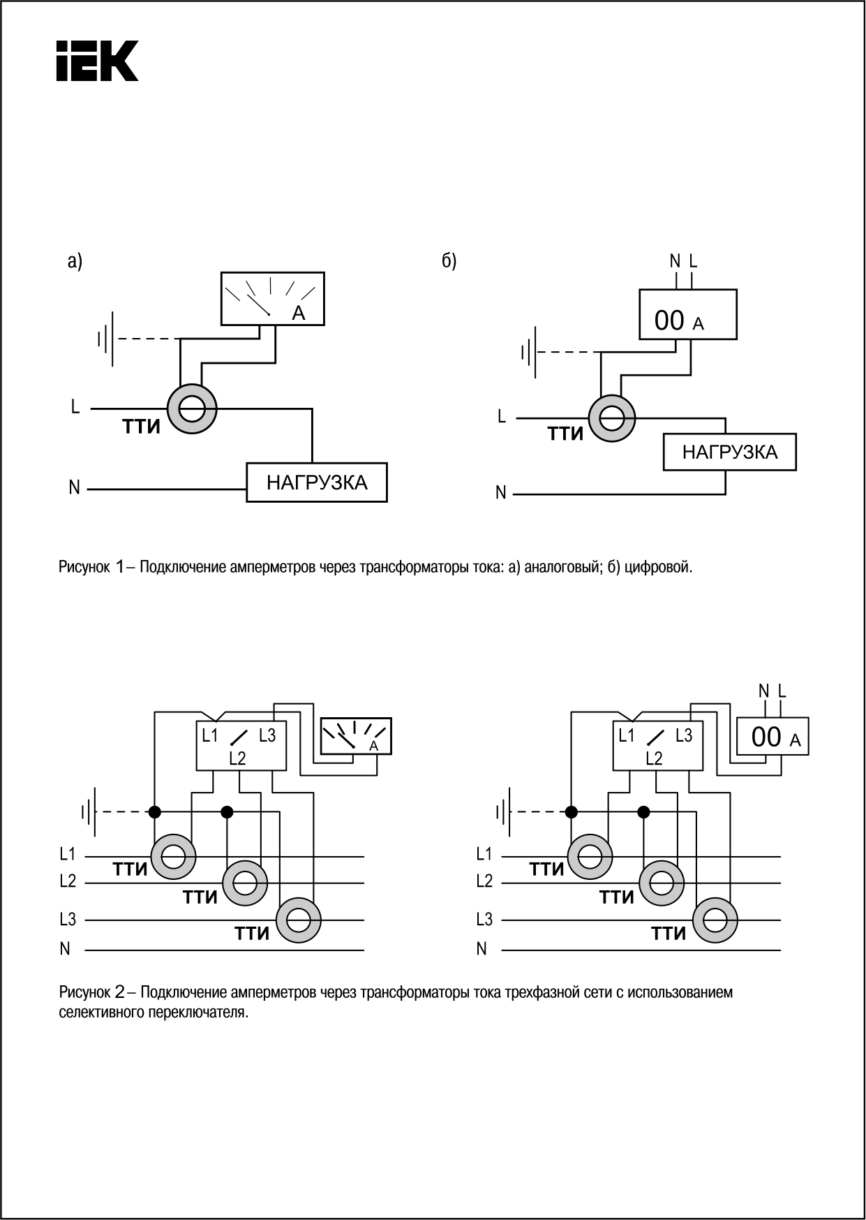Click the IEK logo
pyautogui.click(x=97, y=61)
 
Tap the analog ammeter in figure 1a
pyautogui.click(x=272, y=299)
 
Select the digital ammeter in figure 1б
pyautogui.click(x=688, y=315)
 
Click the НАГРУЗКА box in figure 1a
pyautogui.click(x=317, y=482)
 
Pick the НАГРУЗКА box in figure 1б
pyautogui.click(x=729, y=452)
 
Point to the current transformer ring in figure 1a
pyautogui.click(x=192, y=408)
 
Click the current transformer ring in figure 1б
pyautogui.click(x=612, y=418)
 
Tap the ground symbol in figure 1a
pyautogui.click(x=107, y=339)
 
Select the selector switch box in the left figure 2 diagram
pyautogui.click(x=241, y=746)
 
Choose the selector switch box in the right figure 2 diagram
pyautogui.click(x=657, y=746)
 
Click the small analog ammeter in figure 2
pyautogui.click(x=355, y=736)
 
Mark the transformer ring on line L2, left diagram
pyautogui.click(x=244, y=883)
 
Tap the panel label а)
pyautogui.click(x=75, y=261)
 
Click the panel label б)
pyautogui.click(x=449, y=261)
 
